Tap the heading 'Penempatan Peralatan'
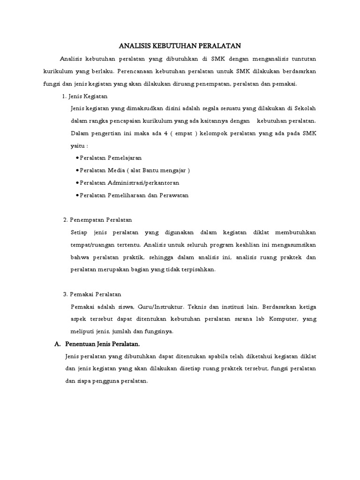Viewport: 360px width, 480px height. tap(101, 219)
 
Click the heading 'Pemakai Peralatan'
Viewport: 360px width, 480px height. tap(96, 294)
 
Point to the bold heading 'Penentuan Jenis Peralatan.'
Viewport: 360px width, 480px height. tap(103, 344)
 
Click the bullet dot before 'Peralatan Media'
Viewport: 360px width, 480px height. tap(77, 170)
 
